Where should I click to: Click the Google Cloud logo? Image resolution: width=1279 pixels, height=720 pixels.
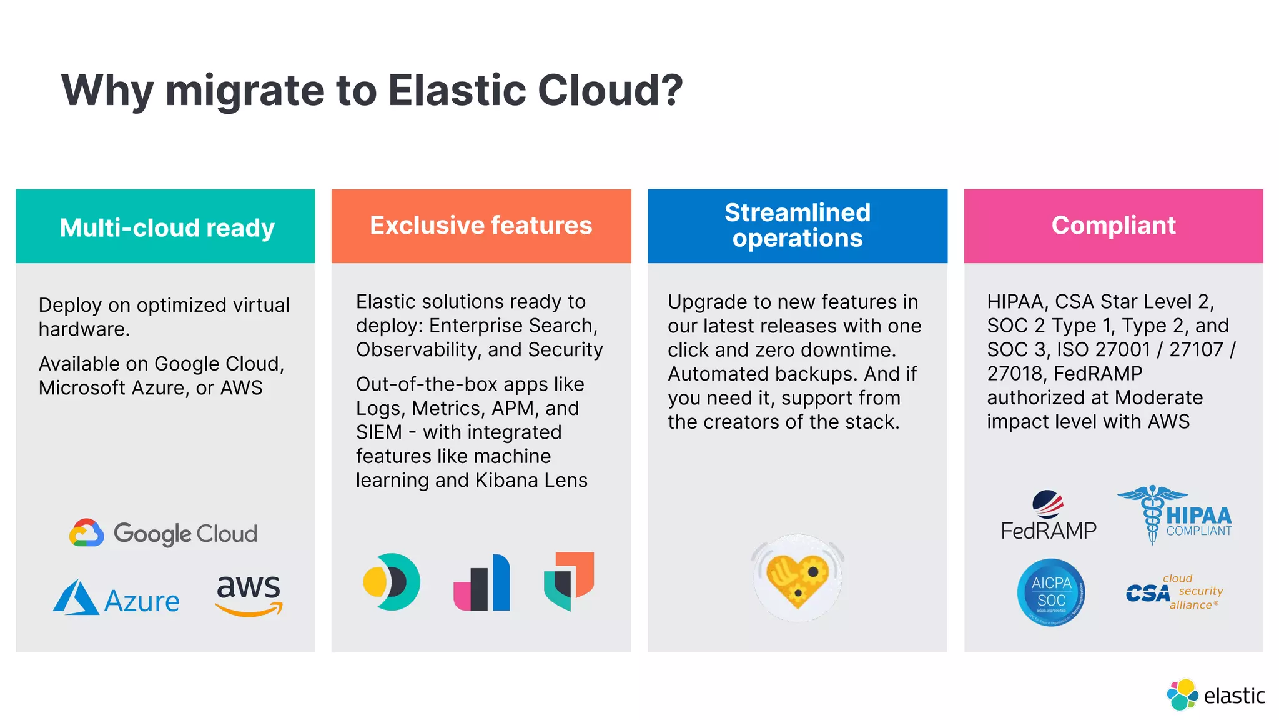click(164, 534)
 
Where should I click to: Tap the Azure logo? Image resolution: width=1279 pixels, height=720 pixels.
click(117, 599)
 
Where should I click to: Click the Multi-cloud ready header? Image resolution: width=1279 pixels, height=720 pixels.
click(166, 227)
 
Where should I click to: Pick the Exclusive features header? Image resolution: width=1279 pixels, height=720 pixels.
click(481, 226)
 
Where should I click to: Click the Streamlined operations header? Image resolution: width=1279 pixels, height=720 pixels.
click(798, 226)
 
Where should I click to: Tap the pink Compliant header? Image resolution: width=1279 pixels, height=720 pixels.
click(1114, 226)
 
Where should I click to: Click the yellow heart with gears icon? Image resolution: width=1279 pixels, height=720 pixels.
click(798, 579)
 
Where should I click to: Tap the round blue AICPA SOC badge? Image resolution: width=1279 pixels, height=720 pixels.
click(1051, 592)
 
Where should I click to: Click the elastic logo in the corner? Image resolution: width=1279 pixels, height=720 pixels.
click(1215, 695)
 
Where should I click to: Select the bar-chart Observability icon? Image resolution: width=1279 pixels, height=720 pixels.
click(481, 582)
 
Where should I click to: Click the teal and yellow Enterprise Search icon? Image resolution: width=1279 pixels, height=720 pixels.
click(392, 582)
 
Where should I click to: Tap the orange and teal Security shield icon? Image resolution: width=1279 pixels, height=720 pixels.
click(569, 581)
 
